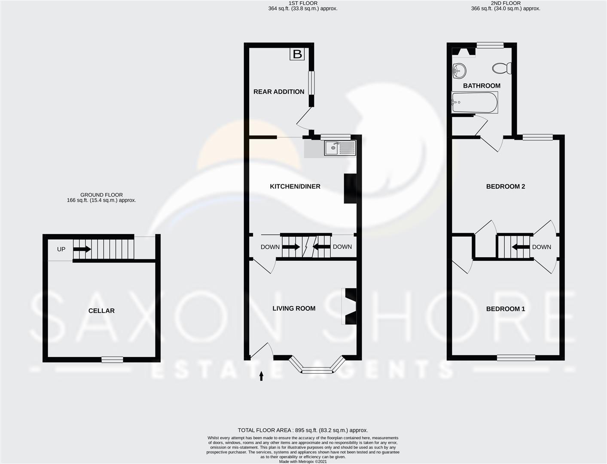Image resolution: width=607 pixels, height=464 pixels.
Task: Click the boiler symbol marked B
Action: (297, 54)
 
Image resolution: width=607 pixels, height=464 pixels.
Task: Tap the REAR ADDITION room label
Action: (279, 92)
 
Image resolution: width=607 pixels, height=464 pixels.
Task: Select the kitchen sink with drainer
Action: (340, 148)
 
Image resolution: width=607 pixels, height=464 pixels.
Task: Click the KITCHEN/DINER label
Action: (295, 186)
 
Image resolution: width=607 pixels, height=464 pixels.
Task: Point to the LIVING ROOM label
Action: (294, 308)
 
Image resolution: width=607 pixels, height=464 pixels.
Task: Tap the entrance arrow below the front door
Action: (261, 376)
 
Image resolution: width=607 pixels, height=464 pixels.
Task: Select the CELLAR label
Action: (101, 311)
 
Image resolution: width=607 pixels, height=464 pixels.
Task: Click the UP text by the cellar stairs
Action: (61, 249)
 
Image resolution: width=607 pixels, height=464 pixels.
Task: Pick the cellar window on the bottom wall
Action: (112, 360)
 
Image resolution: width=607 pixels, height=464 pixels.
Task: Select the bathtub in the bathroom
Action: (474, 103)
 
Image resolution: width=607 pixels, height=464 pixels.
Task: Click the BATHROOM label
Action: (482, 85)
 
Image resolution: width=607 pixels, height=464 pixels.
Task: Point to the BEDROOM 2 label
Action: (506, 186)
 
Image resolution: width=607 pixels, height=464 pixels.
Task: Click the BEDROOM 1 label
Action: (506, 309)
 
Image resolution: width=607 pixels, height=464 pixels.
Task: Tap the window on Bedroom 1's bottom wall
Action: (516, 357)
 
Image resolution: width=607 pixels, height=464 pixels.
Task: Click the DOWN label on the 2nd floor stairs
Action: (541, 247)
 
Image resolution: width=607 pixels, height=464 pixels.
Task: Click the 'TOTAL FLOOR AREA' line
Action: (303, 430)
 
